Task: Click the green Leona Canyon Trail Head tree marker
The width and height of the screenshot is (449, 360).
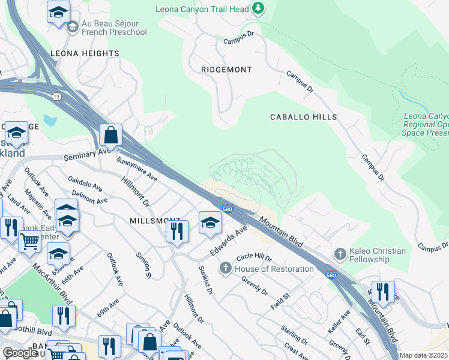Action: coord(258,8)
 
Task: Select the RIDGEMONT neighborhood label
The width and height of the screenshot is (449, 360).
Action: coord(226,70)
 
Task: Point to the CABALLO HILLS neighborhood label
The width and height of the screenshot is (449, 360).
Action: coord(303,117)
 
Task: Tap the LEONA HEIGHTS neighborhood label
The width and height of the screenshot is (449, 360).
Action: coord(85,53)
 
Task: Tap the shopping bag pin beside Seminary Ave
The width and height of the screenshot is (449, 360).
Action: coord(111,136)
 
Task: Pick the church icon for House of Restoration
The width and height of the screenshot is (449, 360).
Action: coord(226,268)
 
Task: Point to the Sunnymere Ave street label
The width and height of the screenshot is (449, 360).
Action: coord(137,170)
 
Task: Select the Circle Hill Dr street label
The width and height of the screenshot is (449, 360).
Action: coord(255,257)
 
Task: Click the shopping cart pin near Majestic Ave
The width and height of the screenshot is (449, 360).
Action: coord(29,242)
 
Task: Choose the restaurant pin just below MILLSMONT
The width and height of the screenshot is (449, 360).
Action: coord(177,231)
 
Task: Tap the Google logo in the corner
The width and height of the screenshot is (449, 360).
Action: coord(20,353)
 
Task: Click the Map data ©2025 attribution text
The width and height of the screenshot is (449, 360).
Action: coord(423,355)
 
